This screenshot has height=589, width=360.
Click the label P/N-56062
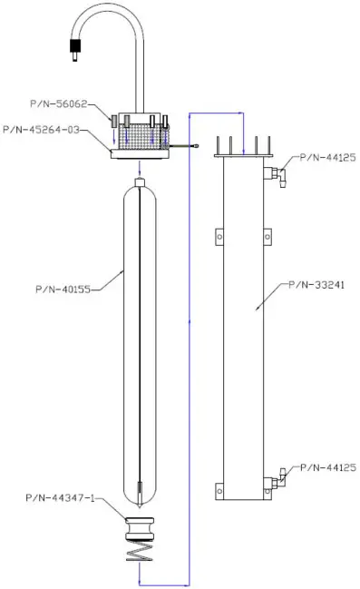click(x=73, y=116)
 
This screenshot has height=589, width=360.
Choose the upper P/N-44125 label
click(x=326, y=157)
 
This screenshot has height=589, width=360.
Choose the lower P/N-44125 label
click(x=326, y=467)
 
